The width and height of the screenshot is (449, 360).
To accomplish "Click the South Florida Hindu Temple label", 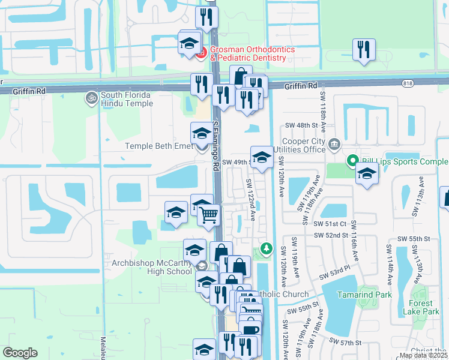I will [127, 99].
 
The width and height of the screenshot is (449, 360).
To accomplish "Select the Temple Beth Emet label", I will [157, 146].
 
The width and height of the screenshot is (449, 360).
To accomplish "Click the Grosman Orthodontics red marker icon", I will [201, 53].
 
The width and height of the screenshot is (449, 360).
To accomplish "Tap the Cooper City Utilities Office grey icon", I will [334, 144].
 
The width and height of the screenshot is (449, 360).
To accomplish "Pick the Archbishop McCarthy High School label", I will [151, 267].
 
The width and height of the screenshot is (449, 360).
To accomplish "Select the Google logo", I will [20, 353].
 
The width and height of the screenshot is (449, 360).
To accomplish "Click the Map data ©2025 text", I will [423, 355].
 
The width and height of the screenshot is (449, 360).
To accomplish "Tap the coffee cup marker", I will [250, 329].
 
